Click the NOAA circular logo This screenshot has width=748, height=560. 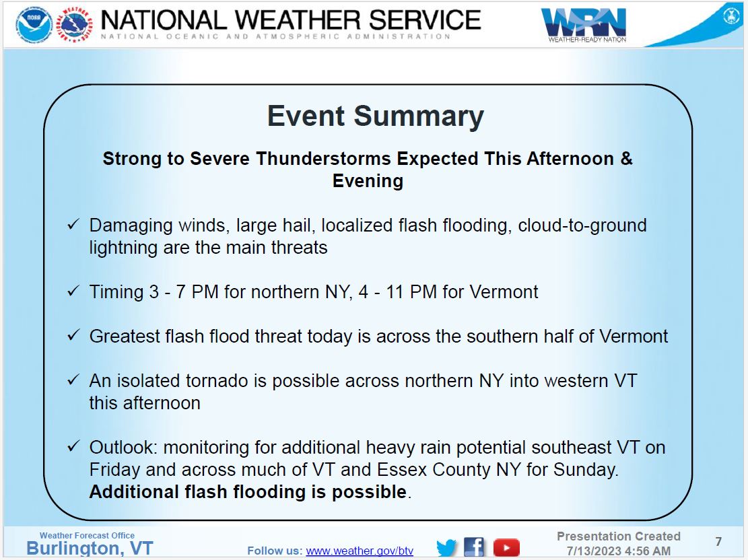coord(34,24)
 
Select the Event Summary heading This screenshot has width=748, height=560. coord(375,116)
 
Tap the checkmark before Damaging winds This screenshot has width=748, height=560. coord(73,225)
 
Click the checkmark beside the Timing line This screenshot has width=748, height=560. coord(73,291)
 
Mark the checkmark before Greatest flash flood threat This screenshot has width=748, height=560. coord(73,336)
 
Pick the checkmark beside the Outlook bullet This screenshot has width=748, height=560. coord(73,447)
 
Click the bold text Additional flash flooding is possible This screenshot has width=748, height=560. coord(248,492)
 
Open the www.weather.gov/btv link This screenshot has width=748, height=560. coord(360,551)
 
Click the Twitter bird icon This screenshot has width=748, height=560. coord(446,547)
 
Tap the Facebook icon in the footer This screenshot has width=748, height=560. coord(474,547)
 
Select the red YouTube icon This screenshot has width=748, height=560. coord(506,547)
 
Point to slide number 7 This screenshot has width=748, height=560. coord(718,542)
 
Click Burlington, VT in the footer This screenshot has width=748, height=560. coord(90,549)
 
